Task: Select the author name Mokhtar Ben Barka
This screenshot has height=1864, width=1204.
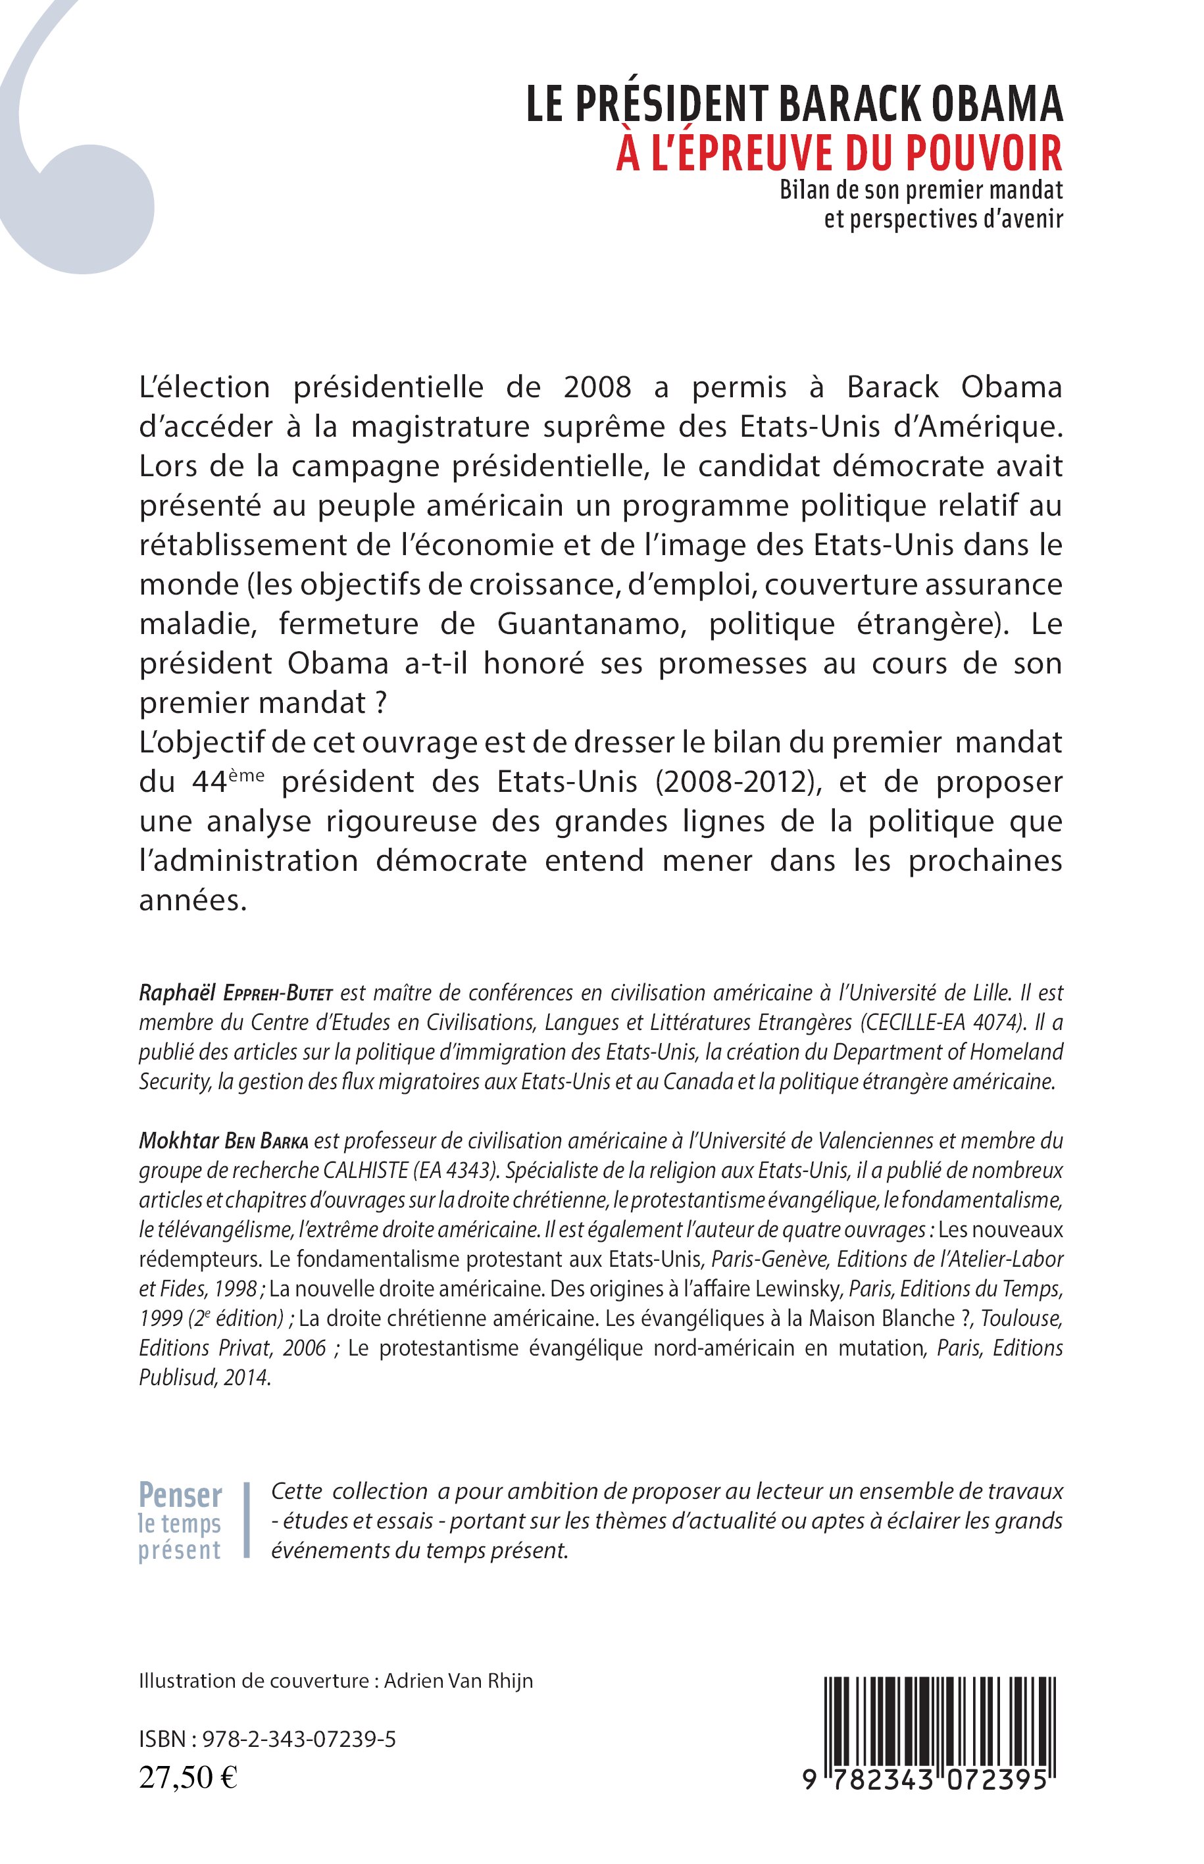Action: click(x=225, y=1140)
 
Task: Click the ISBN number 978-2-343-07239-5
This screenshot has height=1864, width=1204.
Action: click(x=299, y=1739)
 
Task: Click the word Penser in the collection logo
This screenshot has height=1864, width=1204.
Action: click(x=180, y=1494)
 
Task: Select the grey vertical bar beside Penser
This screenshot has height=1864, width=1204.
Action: click(x=247, y=1520)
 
